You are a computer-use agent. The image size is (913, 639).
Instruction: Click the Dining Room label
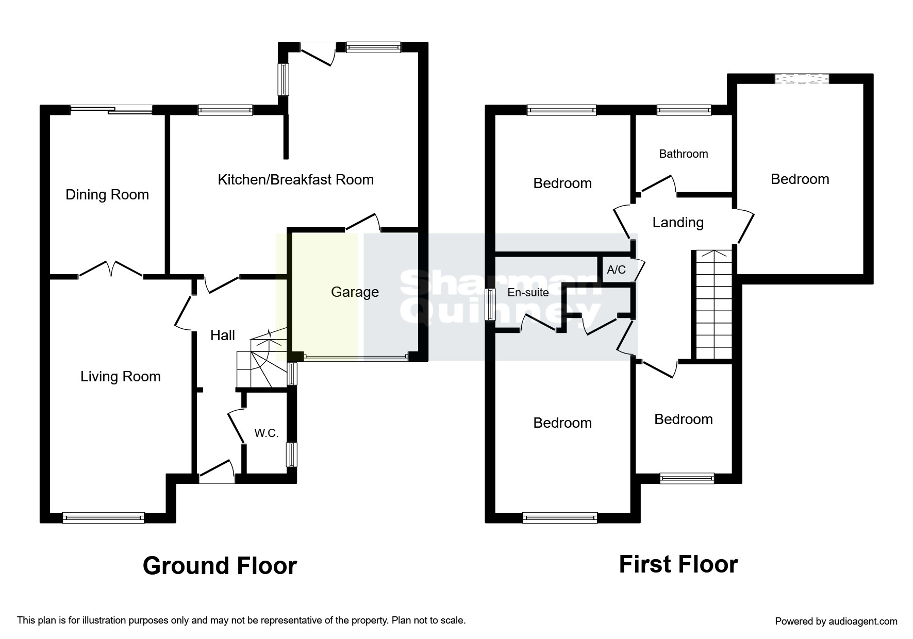[x=107, y=195]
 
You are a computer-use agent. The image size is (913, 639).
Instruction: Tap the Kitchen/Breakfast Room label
[x=296, y=180]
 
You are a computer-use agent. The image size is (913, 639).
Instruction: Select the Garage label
[x=355, y=293]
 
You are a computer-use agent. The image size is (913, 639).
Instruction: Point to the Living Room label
[x=121, y=377]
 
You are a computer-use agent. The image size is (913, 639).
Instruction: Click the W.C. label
[x=267, y=433]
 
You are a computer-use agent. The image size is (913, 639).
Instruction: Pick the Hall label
[x=223, y=335]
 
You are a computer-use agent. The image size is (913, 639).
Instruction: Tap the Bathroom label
[x=684, y=154]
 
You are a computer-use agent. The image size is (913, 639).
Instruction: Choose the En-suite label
[x=528, y=293]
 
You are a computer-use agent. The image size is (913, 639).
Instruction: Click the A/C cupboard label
[x=617, y=270]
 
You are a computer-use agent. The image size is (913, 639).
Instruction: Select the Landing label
[x=678, y=223]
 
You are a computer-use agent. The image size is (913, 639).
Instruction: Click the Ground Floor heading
[x=220, y=566]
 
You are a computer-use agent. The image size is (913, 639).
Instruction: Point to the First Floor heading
[x=678, y=564]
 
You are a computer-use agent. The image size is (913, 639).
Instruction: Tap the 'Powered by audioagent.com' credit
[x=836, y=621]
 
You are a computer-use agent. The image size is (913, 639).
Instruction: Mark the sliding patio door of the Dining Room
[x=111, y=109]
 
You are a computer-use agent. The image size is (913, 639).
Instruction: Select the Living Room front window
[x=103, y=518]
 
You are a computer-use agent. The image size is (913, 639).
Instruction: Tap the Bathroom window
[x=684, y=109]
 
